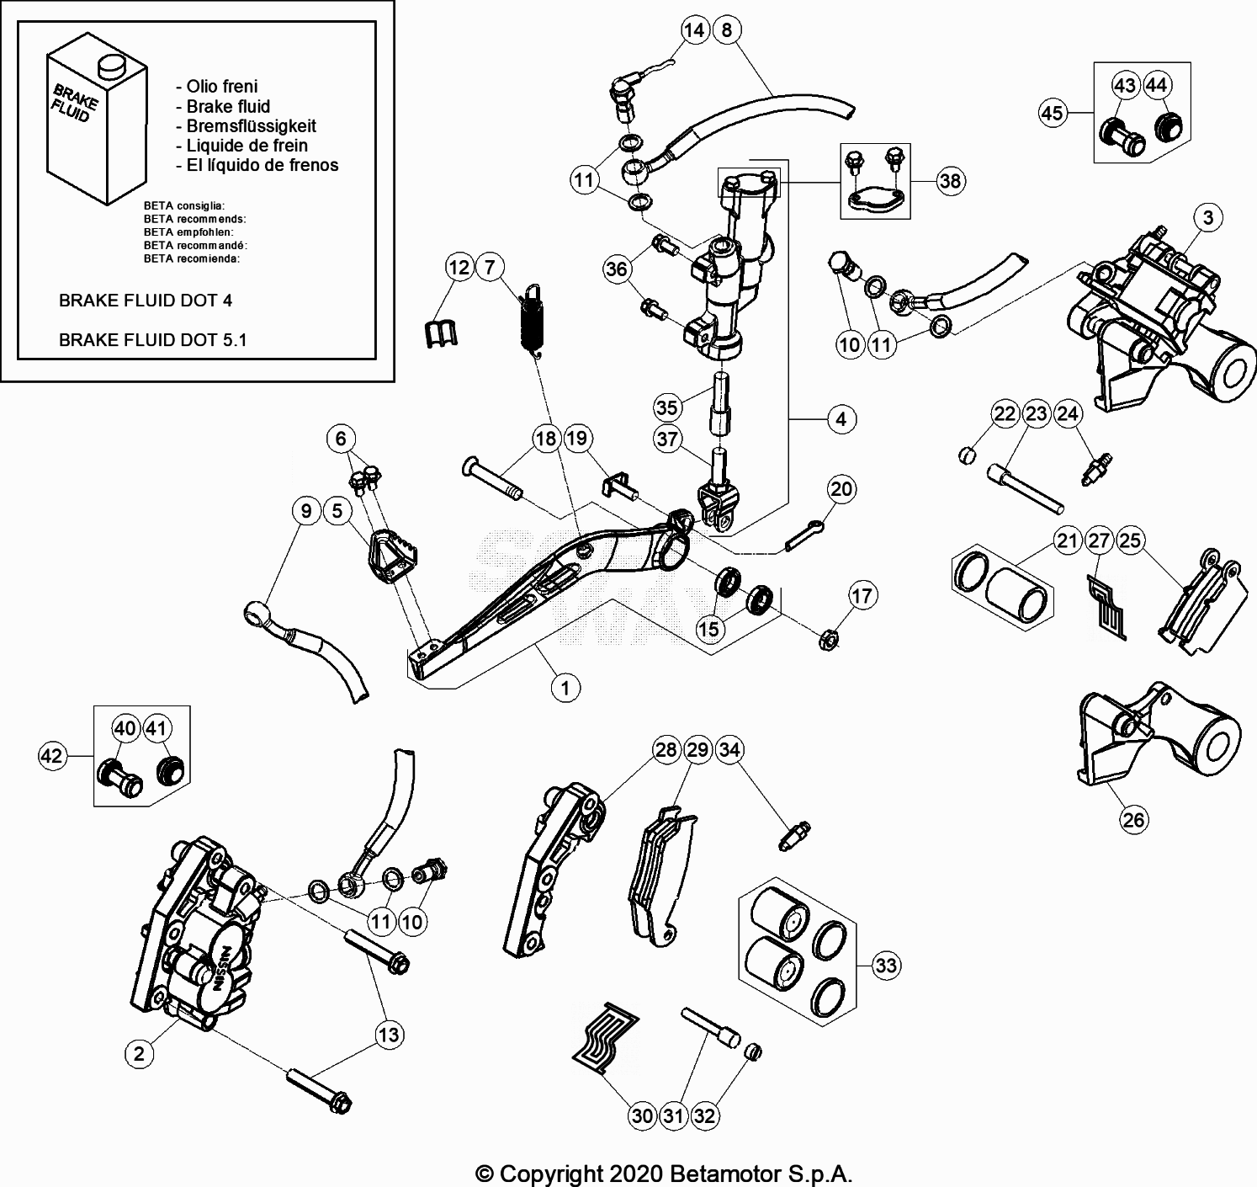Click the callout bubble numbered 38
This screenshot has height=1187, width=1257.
pyautogui.click(x=950, y=181)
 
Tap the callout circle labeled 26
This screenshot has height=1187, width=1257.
pyautogui.click(x=1134, y=819)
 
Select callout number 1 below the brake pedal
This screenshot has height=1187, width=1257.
pyautogui.click(x=565, y=688)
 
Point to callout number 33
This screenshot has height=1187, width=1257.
pyautogui.click(x=886, y=965)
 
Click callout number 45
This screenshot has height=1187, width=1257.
pyautogui.click(x=1053, y=112)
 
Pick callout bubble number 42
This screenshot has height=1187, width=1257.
pyautogui.click(x=52, y=756)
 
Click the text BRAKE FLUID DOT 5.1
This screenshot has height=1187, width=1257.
pyautogui.click(x=152, y=340)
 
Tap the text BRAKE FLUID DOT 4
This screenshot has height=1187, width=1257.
pyautogui.click(x=146, y=301)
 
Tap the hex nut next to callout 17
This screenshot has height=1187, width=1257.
pyautogui.click(x=827, y=641)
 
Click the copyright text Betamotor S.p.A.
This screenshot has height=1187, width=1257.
pyautogui.click(x=665, y=1173)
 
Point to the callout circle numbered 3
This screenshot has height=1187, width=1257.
pyautogui.click(x=1208, y=218)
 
